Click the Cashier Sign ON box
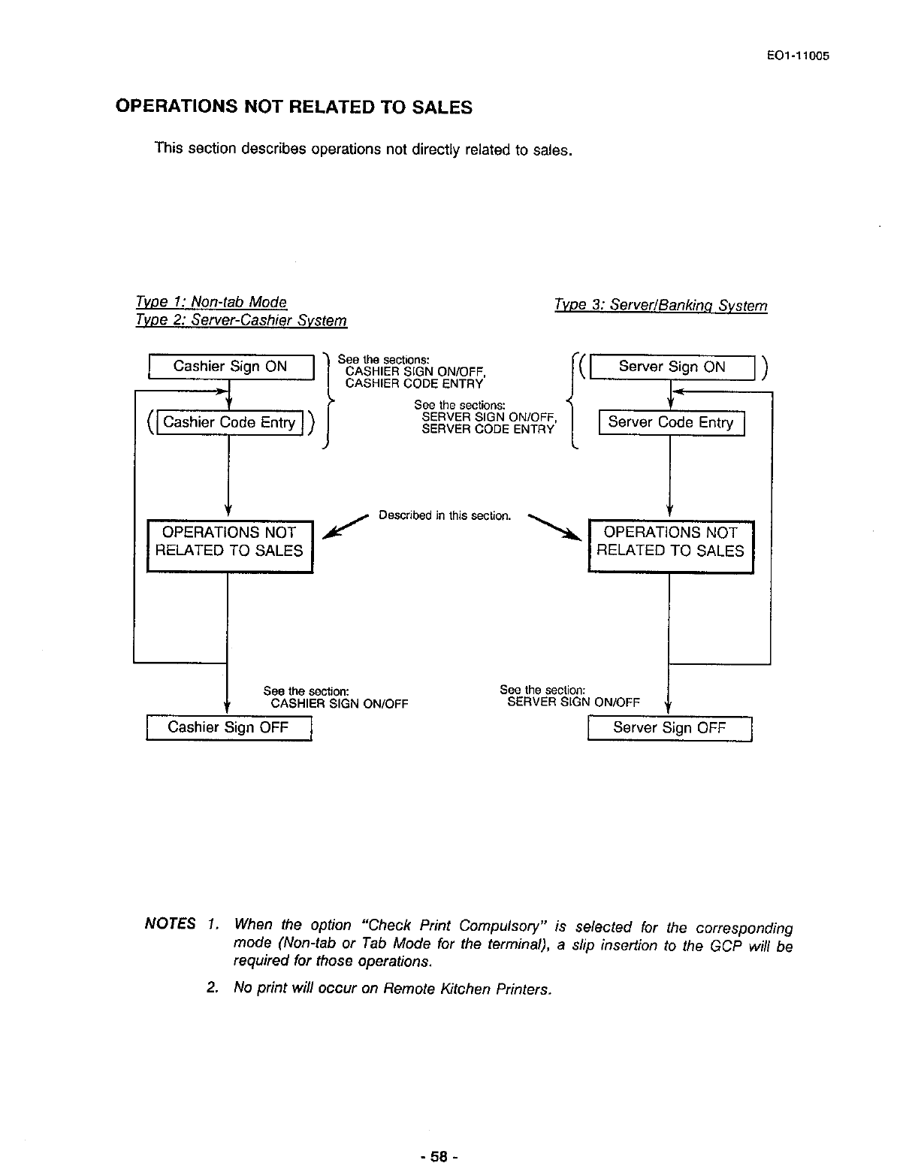(x=230, y=367)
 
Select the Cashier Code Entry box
(x=229, y=423)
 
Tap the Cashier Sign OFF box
(x=228, y=728)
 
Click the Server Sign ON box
(x=672, y=367)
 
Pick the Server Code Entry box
(x=670, y=423)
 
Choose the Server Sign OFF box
(x=669, y=728)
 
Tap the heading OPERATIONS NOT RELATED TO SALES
(x=294, y=107)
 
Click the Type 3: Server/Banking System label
(x=660, y=306)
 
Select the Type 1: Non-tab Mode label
(x=211, y=302)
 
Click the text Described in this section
(x=445, y=516)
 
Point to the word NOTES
(x=170, y=923)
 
